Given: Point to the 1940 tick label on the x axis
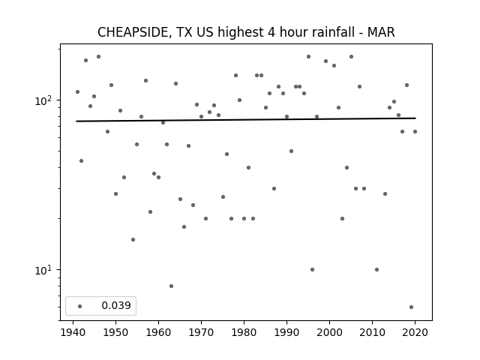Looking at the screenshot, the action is (73, 332).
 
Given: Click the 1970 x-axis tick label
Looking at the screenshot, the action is (202, 332).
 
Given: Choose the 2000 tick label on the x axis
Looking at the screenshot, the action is (330, 332).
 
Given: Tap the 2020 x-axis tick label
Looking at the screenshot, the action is (415, 332).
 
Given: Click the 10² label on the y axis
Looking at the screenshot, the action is (44, 100).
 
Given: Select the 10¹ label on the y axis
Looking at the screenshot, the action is (44, 270).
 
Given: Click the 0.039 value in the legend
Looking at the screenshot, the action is (116, 305).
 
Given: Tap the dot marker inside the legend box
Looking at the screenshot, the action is (80, 306).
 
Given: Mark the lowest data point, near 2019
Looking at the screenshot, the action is (412, 307).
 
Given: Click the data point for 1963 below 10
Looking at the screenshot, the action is (172, 286).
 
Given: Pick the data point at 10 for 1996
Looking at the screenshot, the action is (312, 270).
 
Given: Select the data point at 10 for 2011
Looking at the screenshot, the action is (376, 270).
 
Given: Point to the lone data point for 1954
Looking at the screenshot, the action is (133, 239).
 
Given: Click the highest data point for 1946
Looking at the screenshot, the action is (98, 57).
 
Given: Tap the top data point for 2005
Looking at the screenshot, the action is (352, 57).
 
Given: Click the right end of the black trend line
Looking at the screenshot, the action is (415, 118).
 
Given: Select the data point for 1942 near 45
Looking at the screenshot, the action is (82, 160).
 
